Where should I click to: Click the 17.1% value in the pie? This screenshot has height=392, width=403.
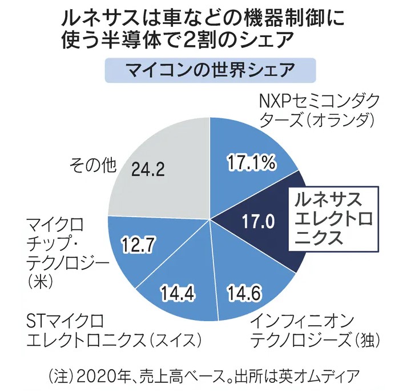tap(252, 164)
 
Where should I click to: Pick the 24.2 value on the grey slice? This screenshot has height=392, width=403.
tap(150, 170)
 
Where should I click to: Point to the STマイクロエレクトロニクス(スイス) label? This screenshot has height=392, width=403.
tap(114, 330)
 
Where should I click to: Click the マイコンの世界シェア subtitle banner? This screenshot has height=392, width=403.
tap(210, 73)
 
